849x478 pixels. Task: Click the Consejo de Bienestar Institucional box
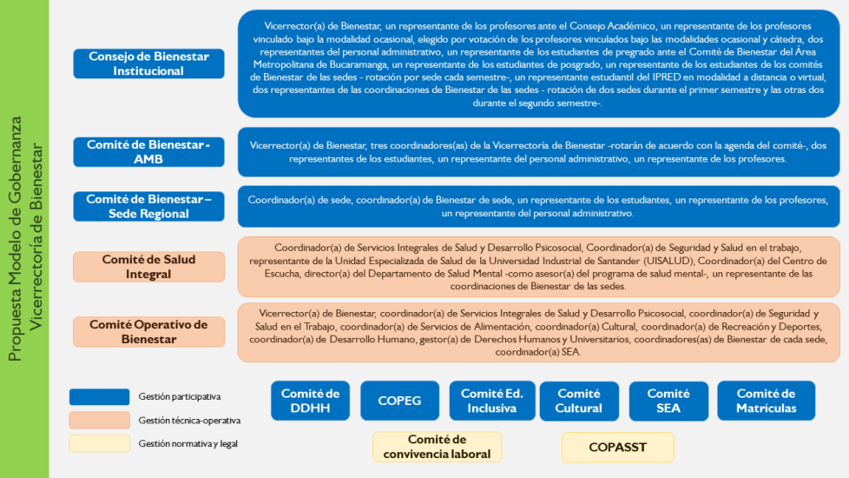[x=149, y=63]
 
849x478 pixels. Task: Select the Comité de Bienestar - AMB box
[x=149, y=152]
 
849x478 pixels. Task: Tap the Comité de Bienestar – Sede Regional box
[x=149, y=207]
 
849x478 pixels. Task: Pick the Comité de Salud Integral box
[x=149, y=267]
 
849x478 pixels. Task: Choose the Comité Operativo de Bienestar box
[x=149, y=332]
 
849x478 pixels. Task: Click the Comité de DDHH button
[x=310, y=401]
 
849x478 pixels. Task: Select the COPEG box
[x=399, y=401]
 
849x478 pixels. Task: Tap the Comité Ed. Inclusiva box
[x=492, y=401]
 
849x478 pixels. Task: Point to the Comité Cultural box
[x=579, y=401]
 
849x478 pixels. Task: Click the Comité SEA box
[x=668, y=401]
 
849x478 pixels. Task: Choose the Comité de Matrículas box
[x=767, y=401]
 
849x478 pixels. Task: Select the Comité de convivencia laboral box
[x=437, y=447]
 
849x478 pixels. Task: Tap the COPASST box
[x=618, y=447]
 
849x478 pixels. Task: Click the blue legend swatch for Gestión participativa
[x=99, y=396]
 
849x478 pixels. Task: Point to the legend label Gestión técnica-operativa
[x=189, y=421]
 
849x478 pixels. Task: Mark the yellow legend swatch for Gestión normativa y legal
[x=99, y=443]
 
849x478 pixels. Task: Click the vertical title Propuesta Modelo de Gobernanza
[x=15, y=238]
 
